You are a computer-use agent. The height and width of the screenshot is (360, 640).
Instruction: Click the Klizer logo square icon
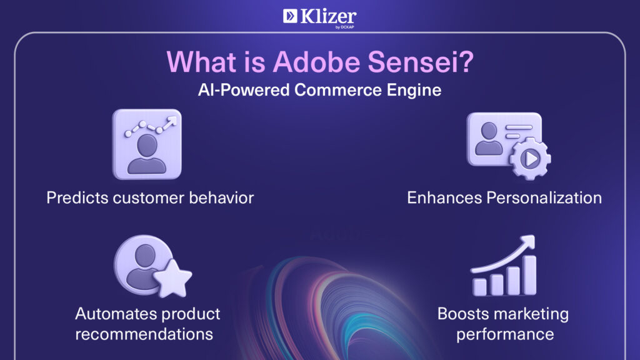tap(290, 16)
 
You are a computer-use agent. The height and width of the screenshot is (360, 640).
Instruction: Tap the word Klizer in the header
tap(329, 17)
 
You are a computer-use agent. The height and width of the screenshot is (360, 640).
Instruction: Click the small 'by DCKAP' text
tap(345, 27)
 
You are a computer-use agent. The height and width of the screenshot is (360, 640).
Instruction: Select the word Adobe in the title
tap(316, 62)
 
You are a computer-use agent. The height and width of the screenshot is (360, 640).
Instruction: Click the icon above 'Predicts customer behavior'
tap(147, 144)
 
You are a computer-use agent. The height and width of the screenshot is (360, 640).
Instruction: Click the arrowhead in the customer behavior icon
tap(172, 121)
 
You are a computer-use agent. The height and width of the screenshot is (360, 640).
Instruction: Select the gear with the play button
tap(531, 158)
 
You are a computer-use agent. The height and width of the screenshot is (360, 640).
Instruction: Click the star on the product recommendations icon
tap(172, 278)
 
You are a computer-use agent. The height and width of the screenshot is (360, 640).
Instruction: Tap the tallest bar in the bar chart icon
tap(530, 275)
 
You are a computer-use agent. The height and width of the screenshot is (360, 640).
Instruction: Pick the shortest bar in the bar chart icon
tap(479, 287)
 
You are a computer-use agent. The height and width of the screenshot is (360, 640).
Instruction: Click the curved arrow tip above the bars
tap(528, 241)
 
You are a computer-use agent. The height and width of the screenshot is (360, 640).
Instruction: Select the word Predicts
tap(77, 198)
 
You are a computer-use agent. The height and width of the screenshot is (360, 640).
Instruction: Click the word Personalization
tap(544, 198)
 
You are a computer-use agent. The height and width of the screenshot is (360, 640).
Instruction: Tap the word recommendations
tap(144, 334)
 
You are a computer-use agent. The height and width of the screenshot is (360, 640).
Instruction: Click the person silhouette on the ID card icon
tap(489, 139)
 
